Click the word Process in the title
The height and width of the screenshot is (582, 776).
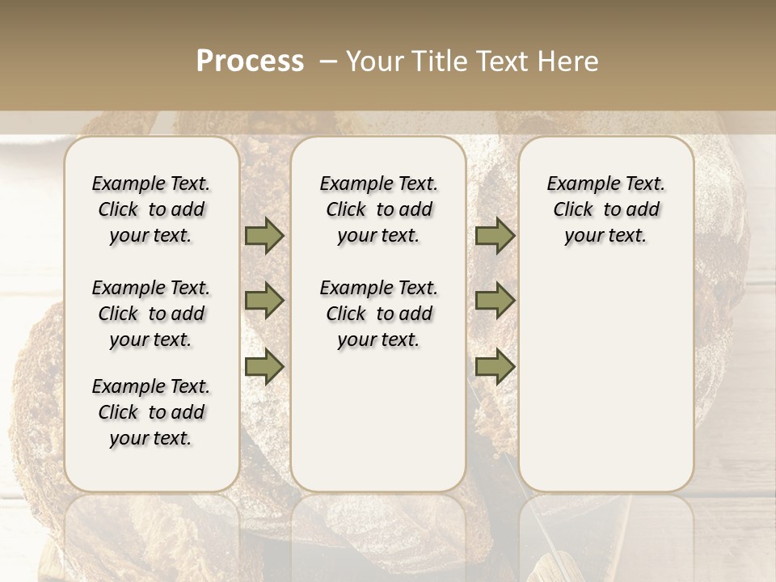[x=250, y=61]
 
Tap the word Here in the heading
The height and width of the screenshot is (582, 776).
[x=569, y=61]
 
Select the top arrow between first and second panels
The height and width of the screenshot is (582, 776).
[x=264, y=235]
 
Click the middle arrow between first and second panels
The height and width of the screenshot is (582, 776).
[x=264, y=301]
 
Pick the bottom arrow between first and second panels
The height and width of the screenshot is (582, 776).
[x=264, y=366]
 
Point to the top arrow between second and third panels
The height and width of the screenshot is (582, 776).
[x=495, y=235]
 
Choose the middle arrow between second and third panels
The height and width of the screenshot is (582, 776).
[x=495, y=301]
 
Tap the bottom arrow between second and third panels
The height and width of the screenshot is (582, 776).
[x=495, y=366]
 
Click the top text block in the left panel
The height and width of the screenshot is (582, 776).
[x=151, y=209]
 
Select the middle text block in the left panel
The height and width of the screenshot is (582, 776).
[x=151, y=314]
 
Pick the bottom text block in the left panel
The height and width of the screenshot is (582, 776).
[x=151, y=412]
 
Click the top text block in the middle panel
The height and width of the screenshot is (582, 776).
[x=378, y=209]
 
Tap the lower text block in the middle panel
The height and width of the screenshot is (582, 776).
[x=378, y=314]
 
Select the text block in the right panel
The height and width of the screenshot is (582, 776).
[x=605, y=209]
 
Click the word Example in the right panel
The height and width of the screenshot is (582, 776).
[x=576, y=183]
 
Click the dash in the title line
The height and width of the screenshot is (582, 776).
[x=328, y=61]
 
